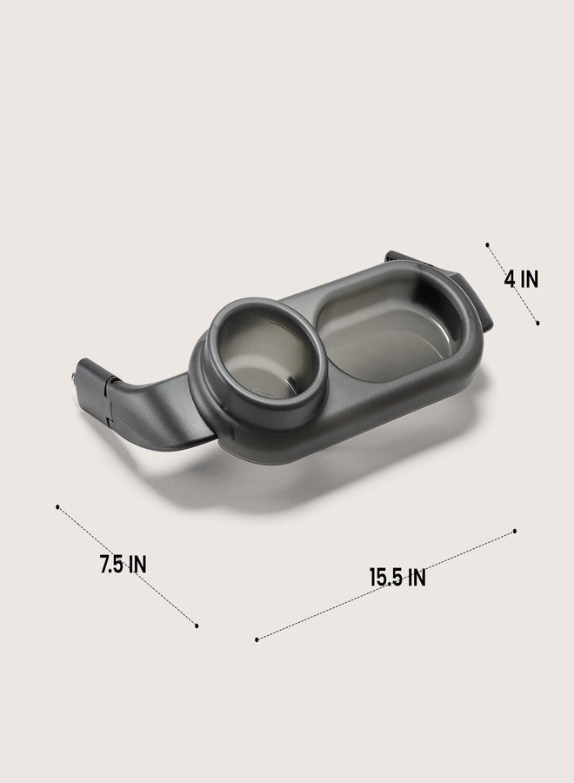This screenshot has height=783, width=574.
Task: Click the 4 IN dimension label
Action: pos(522,278)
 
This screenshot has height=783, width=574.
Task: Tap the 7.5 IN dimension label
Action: pos(123,565)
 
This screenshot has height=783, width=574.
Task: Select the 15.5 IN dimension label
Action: pos(397,578)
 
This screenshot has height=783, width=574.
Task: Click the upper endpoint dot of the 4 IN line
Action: pos(488,244)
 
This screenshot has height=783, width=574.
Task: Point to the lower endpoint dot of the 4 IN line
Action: pos(537,323)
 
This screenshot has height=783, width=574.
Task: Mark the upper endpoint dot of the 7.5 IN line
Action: pos(58,507)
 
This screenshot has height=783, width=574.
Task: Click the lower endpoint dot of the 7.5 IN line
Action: pos(197,626)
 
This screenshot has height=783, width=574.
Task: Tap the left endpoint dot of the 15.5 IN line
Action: pos(257,639)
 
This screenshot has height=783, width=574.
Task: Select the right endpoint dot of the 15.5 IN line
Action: pos(515,532)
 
